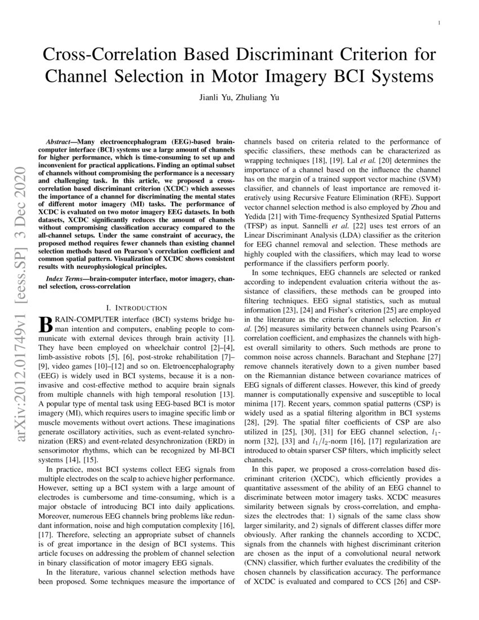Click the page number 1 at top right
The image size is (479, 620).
pyautogui.click(x=439, y=23)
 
